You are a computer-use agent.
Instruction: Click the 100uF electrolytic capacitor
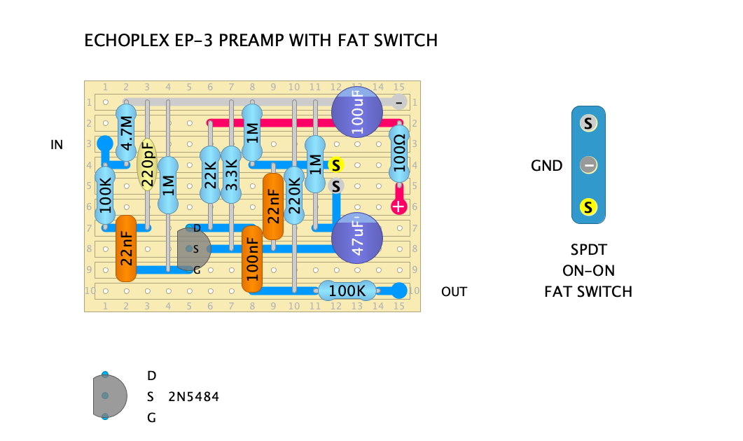pos(357,112)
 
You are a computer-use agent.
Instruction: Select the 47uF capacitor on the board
pos(357,238)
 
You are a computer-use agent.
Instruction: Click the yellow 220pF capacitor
pos(147,165)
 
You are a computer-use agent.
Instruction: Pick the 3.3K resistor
pos(230,176)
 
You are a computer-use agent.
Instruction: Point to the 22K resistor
pos(209,176)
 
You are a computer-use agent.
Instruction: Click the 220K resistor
pos(294,196)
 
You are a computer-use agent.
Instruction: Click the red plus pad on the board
pos(398,207)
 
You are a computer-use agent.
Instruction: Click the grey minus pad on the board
pos(398,102)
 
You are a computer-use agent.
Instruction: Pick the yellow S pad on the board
pos(336,165)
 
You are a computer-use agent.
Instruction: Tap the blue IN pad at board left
pos(104,144)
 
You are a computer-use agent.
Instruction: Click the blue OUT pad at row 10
pos(398,290)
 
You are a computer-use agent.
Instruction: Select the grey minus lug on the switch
pos(588,166)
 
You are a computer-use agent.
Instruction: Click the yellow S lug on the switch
pos(588,207)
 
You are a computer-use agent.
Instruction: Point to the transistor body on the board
pos(193,248)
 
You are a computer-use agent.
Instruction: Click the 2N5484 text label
pos(194,397)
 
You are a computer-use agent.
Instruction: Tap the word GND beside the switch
pos(546,166)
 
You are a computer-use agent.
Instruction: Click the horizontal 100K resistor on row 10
pos(347,290)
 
